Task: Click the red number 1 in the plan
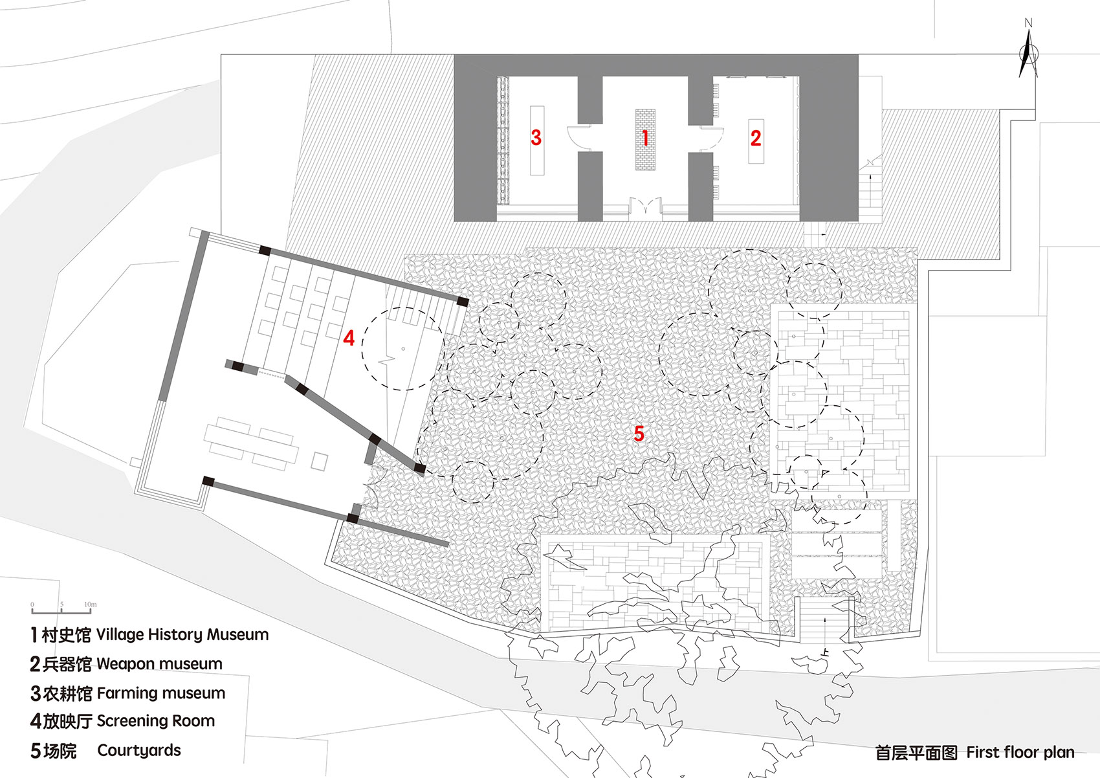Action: [645, 138]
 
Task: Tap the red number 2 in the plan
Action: [756, 138]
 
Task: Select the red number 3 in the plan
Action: [536, 137]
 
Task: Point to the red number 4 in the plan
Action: [349, 337]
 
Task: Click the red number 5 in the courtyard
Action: [639, 433]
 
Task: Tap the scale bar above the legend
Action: [61, 611]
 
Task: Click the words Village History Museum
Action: [182, 634]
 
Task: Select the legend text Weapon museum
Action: [159, 664]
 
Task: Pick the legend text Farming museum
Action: [161, 693]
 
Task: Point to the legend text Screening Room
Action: [156, 721]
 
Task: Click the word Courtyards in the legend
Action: [139, 750]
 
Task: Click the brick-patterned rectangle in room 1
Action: [645, 140]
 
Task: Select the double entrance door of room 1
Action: [645, 208]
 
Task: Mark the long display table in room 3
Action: [537, 140]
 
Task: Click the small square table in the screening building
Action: [319, 461]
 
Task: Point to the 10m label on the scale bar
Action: [91, 604]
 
